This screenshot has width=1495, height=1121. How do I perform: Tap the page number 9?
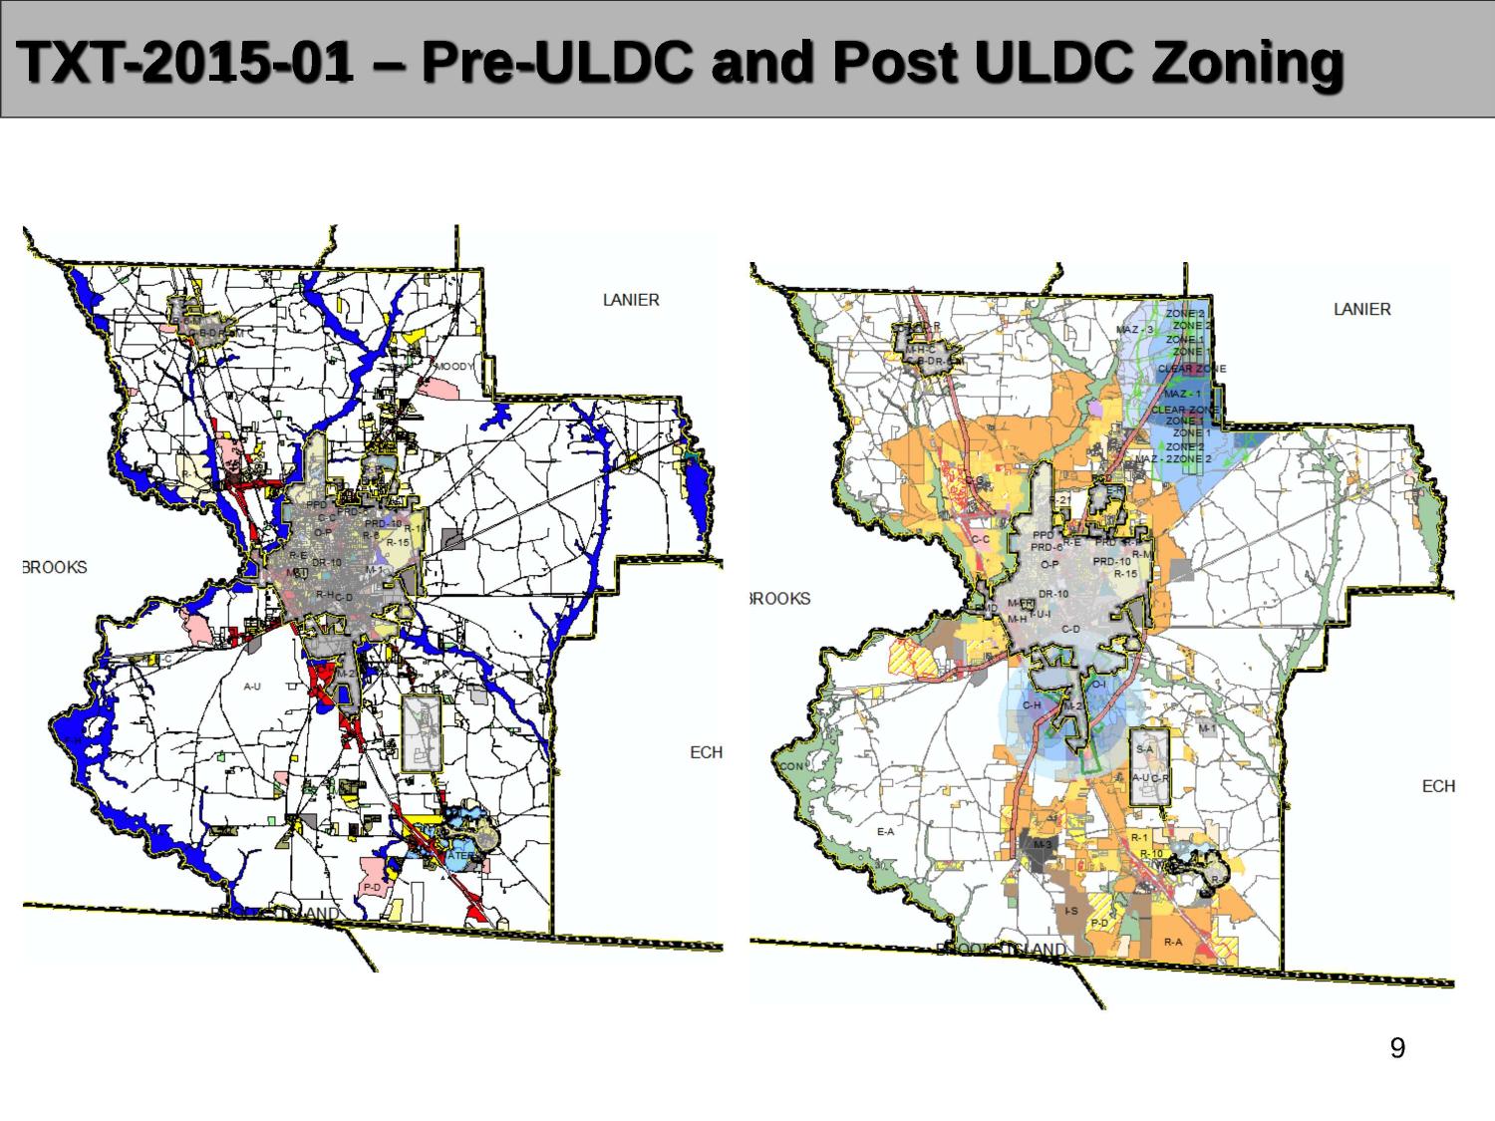[1397, 1048]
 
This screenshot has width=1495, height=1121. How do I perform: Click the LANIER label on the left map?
[631, 300]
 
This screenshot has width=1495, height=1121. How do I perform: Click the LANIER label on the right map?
[1361, 310]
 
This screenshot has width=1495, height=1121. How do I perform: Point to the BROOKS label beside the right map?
[780, 599]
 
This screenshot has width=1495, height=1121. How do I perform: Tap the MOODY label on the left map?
[453, 367]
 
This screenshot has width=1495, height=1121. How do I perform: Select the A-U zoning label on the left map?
[252, 686]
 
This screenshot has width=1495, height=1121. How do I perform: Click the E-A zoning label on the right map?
[885, 831]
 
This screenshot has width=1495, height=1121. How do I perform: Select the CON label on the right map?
[792, 766]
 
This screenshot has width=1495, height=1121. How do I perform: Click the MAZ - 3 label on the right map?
[1134, 330]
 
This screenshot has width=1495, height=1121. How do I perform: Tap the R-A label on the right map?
[1173, 942]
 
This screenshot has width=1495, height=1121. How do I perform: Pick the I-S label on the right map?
[1070, 911]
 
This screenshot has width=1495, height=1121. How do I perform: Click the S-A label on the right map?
[1144, 748]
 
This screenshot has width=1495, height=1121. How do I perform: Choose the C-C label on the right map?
[980, 538]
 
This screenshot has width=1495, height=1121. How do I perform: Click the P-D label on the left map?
[372, 886]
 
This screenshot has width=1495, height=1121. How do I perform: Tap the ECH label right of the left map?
[706, 752]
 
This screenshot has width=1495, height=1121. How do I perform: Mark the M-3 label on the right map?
[1042, 844]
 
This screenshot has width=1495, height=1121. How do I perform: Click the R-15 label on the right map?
[1125, 574]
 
